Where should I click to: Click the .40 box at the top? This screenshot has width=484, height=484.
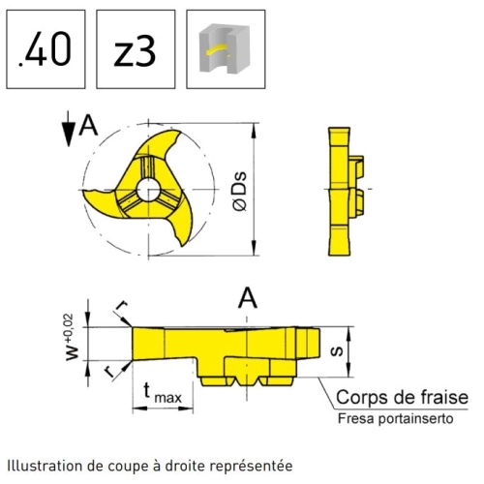[x=45, y=49]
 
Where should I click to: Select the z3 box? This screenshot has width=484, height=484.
[x=136, y=49]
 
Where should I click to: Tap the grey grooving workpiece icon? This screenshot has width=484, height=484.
[x=225, y=48]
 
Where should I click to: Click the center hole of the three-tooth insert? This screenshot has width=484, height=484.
[x=148, y=190]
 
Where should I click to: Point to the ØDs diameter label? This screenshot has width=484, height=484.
[x=240, y=192]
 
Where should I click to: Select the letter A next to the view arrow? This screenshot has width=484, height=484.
[x=88, y=126]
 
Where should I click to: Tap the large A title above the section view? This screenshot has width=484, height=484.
[x=248, y=298]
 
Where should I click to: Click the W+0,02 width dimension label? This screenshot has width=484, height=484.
[x=72, y=337]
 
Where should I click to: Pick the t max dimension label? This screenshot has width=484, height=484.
[x=163, y=392]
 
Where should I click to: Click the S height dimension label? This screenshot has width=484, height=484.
[x=338, y=351]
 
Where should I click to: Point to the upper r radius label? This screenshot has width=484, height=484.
[x=122, y=305]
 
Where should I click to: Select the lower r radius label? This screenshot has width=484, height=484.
[x=109, y=372]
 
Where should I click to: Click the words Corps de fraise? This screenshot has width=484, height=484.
[x=402, y=397]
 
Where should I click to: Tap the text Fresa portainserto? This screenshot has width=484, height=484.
[x=396, y=419]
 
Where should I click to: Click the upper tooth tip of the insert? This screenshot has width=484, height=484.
[x=179, y=131]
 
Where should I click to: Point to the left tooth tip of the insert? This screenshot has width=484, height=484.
[x=84, y=191]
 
